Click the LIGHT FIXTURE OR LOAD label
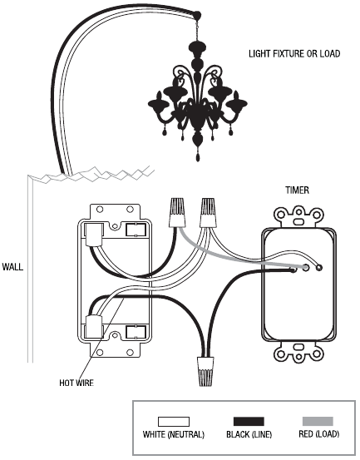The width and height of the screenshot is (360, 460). pos(294,54)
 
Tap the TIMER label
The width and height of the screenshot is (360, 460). pos(298,190)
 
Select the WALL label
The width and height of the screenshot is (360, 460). pos(12,267)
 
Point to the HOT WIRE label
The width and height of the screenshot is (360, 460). pos(76,383)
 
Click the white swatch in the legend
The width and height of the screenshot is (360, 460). pos(174,422)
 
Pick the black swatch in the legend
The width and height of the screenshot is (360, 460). pos(249,422)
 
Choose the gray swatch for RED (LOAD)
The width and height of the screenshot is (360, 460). pos(318,422)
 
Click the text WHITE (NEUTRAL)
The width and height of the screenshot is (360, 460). pos(174,434)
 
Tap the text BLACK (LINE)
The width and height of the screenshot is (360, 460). pos(249,434)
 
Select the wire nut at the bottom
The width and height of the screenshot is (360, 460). pos(205,371)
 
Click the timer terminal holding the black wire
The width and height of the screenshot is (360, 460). pos(293,270)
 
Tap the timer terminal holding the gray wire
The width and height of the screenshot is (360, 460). pos(306,268)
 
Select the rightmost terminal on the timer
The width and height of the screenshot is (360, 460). pos(318,268)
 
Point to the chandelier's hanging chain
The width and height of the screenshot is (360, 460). pos(197,29)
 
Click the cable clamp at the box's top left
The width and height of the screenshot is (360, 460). pos(94,234)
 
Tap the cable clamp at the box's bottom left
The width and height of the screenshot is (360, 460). pos(94,327)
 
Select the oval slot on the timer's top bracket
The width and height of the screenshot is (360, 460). pos(298,221)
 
